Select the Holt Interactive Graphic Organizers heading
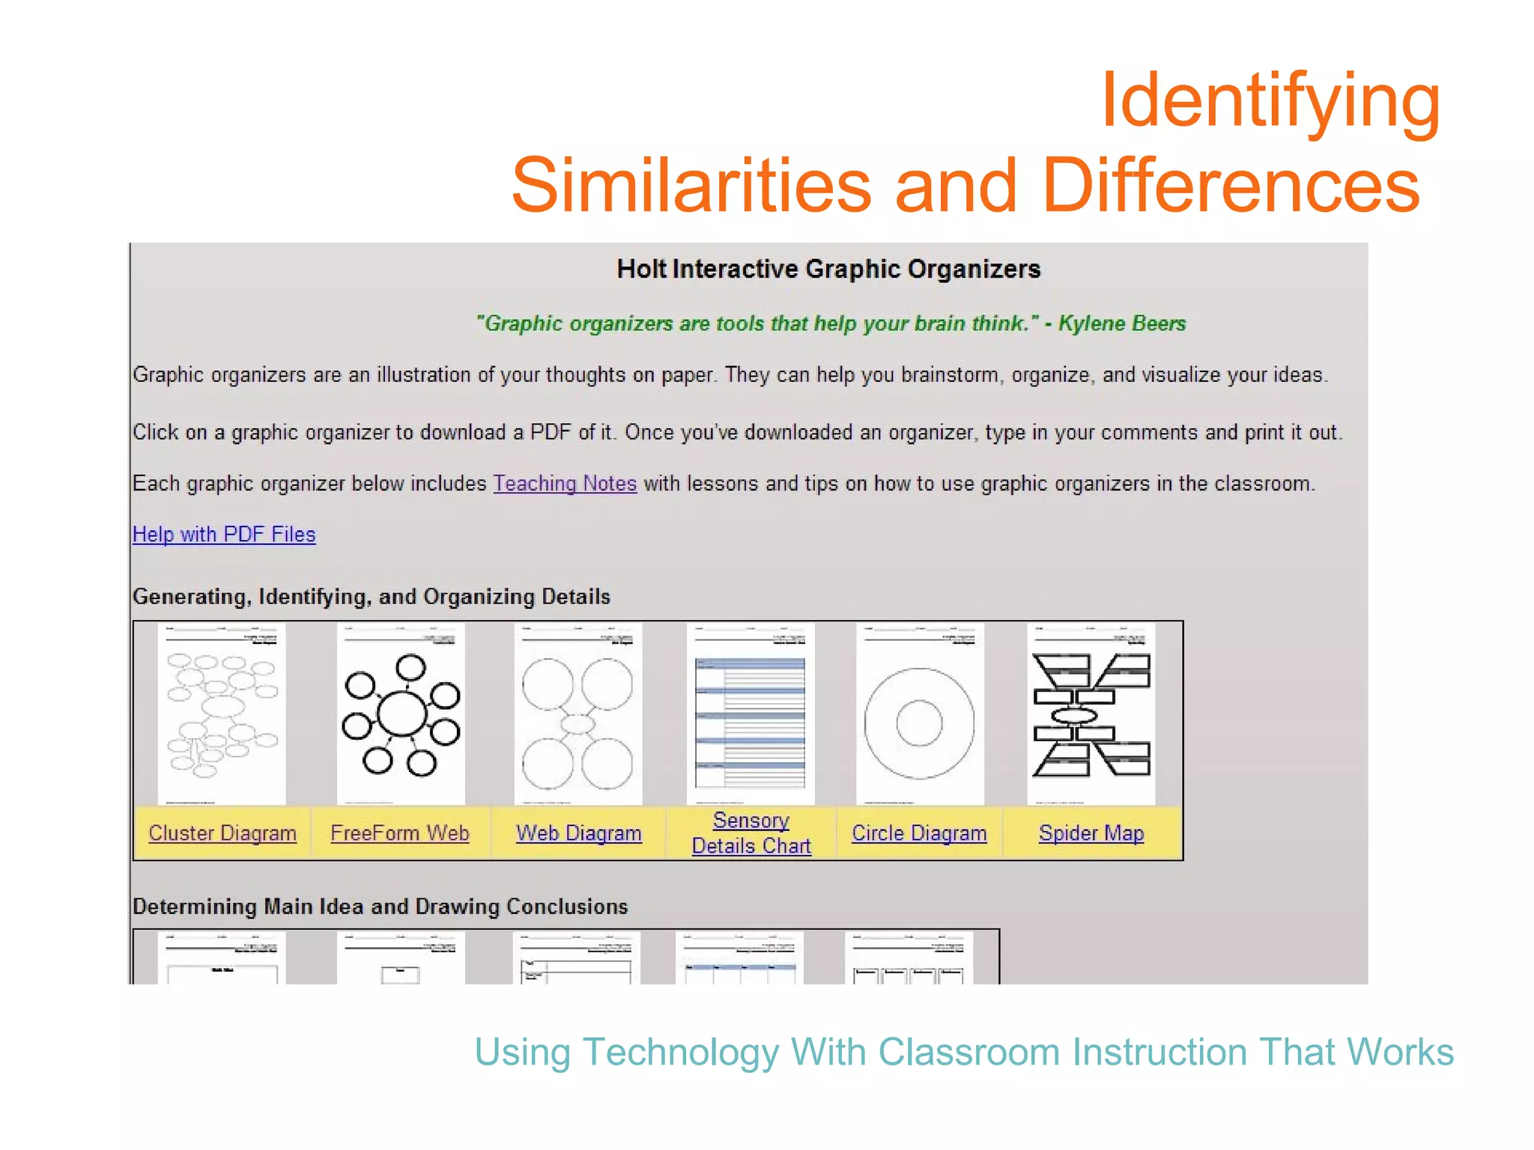(828, 269)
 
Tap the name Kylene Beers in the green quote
(1121, 323)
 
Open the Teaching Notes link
(565, 484)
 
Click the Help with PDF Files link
(224, 535)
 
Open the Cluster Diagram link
(222, 833)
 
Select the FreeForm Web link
(400, 833)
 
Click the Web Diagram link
(578, 833)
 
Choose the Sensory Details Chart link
(751, 833)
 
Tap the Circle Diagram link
(919, 833)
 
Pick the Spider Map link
(1091, 833)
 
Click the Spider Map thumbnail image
(1091, 714)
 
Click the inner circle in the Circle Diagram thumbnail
(919, 724)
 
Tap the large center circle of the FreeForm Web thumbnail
(402, 714)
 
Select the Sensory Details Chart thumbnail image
(751, 714)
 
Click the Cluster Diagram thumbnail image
(222, 714)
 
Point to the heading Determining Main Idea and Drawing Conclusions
(380, 907)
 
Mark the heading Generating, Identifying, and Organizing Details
(371, 597)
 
